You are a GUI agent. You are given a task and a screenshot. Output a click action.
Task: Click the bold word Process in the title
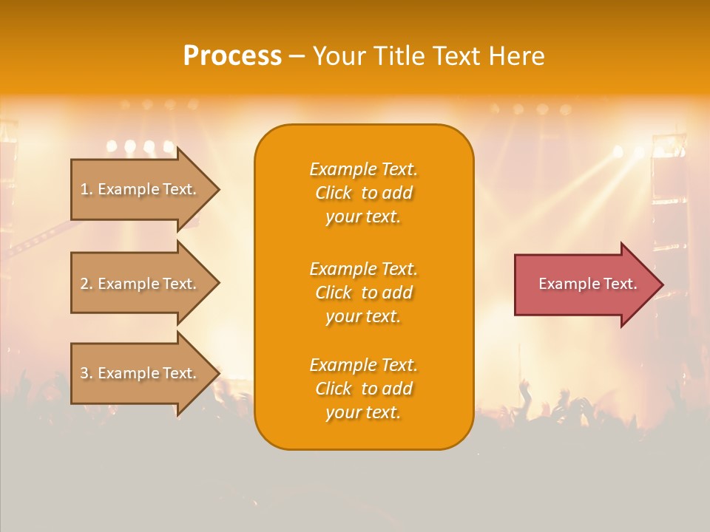[x=232, y=56]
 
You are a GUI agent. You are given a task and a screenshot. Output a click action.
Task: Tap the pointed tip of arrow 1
[x=217, y=189]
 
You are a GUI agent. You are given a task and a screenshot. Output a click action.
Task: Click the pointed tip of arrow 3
[x=217, y=373]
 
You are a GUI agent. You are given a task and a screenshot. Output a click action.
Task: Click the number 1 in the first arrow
[x=85, y=189]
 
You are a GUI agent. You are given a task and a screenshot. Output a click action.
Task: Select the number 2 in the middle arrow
[x=85, y=284]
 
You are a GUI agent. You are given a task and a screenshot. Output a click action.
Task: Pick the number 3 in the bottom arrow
[x=85, y=373]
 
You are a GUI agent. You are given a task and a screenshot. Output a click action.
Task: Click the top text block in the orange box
[x=363, y=193]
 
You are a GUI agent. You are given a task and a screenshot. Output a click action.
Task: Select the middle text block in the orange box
[x=363, y=293]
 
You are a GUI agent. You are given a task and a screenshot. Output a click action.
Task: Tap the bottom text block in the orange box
[x=363, y=389]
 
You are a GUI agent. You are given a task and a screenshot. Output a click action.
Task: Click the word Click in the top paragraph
[x=334, y=193]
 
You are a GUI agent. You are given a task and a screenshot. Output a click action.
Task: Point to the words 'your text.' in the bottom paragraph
[x=363, y=412]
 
